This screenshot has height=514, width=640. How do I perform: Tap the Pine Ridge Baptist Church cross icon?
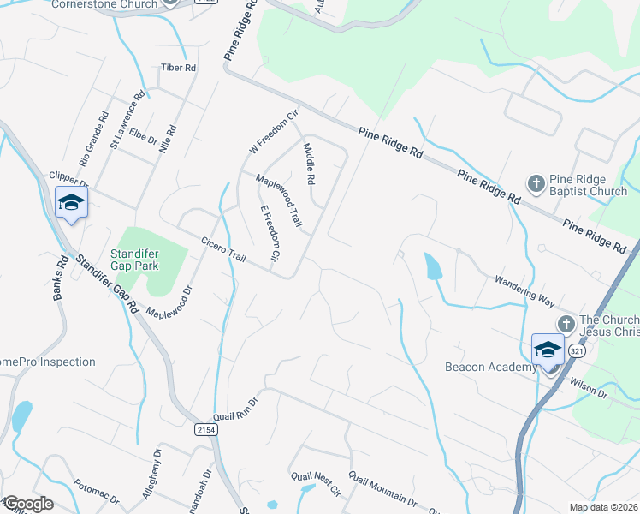tap(536, 182)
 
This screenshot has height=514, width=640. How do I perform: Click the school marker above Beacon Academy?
tap(548, 350)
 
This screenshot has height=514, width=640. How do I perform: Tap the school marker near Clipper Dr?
tap(71, 203)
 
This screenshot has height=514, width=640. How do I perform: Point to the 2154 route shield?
tap(205, 429)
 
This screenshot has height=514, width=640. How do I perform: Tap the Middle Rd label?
tap(310, 164)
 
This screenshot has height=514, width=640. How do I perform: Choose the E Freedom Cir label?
tap(270, 233)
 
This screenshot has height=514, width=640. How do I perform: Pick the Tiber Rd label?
tap(179, 67)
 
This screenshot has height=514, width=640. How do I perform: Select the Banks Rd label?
tap(60, 279)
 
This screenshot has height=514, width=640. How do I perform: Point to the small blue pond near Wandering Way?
tap(434, 267)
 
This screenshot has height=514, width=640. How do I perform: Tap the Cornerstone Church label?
tap(104, 4)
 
